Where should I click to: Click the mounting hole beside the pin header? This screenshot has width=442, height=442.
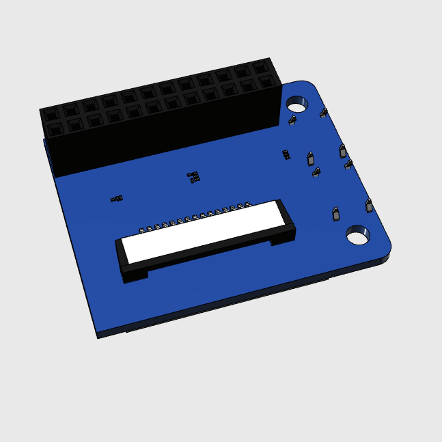pyautogui.click(x=296, y=105)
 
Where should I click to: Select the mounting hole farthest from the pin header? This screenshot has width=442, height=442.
pyautogui.click(x=357, y=236)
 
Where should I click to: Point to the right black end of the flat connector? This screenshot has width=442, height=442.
pyautogui.click(x=284, y=229)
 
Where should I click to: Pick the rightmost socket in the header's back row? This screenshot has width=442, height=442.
pyautogui.click(x=261, y=68)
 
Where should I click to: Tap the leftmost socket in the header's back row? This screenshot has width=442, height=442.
pyautogui.click(x=52, y=111)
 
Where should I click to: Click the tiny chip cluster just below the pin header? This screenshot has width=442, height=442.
pyautogui.click(x=194, y=177)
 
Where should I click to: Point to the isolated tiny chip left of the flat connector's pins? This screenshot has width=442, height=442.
pyautogui.click(x=116, y=199)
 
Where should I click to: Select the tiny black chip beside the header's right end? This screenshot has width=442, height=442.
pyautogui.click(x=286, y=154)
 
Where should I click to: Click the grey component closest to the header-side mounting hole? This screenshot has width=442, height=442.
pyautogui.click(x=292, y=121)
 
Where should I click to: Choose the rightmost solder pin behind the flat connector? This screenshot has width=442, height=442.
pyautogui.click(x=249, y=203)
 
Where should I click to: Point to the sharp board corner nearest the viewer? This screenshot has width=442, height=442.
pyautogui.click(x=97, y=335)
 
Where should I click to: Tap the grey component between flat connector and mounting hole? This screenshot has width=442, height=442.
pyautogui.click(x=335, y=215)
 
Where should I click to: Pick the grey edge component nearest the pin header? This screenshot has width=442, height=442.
pyautogui.click(x=324, y=112)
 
